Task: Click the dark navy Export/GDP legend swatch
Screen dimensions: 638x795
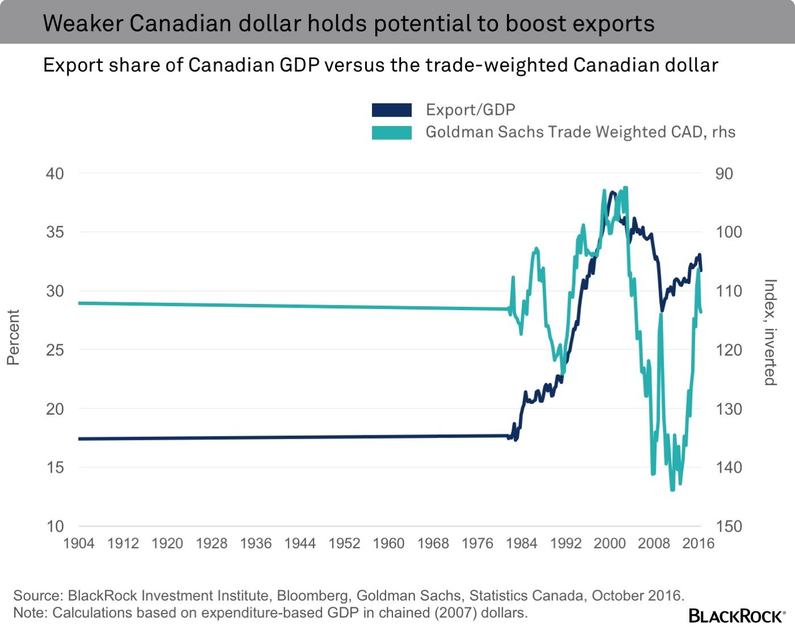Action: coord(391,110)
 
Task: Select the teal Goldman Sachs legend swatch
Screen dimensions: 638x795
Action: coord(391,132)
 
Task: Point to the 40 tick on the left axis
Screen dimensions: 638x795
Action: coord(55,173)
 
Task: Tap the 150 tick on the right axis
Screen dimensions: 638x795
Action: coord(729,526)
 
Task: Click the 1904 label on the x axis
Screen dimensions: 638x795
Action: coord(78,543)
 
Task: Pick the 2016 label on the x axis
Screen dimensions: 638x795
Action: coord(698,543)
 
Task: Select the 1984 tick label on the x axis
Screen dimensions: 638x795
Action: coord(521,543)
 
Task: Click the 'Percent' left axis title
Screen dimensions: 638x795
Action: coord(13,337)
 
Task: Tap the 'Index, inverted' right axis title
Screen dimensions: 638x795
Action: coord(769,332)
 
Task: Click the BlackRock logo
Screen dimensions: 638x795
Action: coord(737,616)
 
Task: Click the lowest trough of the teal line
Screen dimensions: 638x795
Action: coord(673,489)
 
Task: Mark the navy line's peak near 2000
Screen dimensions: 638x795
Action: coord(612,193)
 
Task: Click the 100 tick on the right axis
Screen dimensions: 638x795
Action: coord(729,232)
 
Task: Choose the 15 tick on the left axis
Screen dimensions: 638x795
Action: coord(55,468)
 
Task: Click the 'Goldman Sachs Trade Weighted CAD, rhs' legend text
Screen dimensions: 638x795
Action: coord(580,132)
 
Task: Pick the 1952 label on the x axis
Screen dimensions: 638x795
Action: coord(344,543)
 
